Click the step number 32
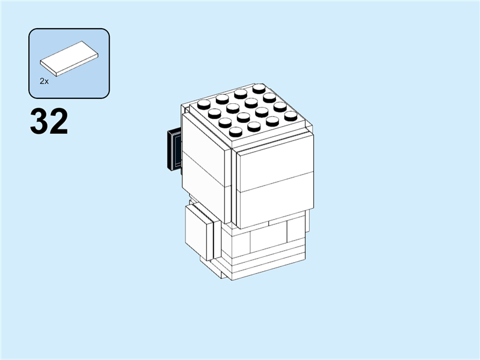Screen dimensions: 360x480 click(49, 122)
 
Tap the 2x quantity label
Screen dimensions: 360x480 click(44, 80)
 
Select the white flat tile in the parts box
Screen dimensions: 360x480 click(69, 59)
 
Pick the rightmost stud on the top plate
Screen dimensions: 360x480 click(291, 116)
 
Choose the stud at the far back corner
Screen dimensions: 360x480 click(259, 89)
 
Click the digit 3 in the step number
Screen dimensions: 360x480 click(40, 122)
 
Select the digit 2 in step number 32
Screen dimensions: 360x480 click(59, 122)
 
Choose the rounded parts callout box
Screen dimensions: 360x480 click(69, 63)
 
